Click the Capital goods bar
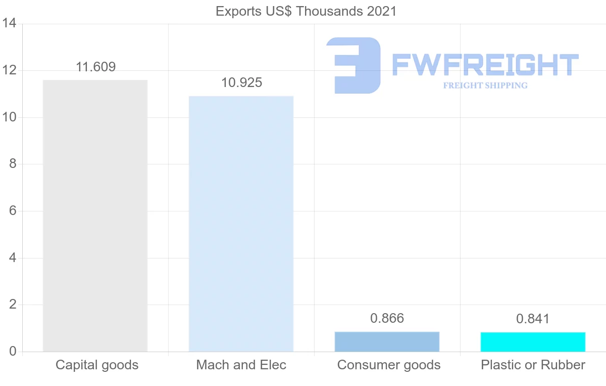tap(95, 216)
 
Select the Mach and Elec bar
tap(241, 224)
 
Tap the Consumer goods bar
tap(387, 341)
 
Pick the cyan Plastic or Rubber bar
tap(533, 342)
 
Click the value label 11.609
tap(95, 67)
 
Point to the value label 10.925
tap(241, 82)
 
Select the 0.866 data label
tap(387, 318)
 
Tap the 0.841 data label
tap(533, 319)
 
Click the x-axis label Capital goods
tap(97, 365)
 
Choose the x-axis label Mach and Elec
tap(241, 365)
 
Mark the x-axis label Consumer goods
tap(389, 365)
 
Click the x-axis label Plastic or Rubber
tap(533, 365)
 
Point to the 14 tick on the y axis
tap(10, 24)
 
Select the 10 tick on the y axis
tap(10, 117)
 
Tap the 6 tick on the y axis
tap(13, 211)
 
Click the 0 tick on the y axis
tap(13, 352)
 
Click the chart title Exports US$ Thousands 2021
tap(306, 11)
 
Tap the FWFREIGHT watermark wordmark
tap(485, 65)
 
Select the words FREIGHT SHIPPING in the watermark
tap(485, 85)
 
